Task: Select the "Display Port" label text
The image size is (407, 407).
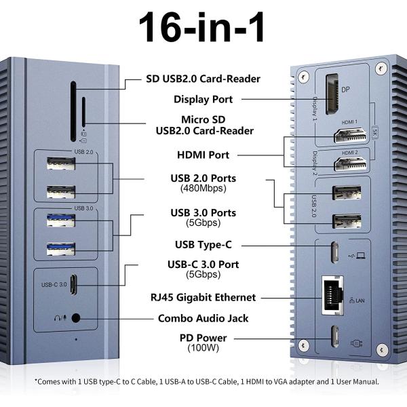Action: pyautogui.click(x=203, y=99)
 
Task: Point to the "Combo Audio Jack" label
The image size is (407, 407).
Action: pyautogui.click(x=203, y=317)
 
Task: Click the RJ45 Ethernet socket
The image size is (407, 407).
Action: pyautogui.click(x=334, y=295)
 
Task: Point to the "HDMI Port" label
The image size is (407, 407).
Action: pyautogui.click(x=203, y=155)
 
